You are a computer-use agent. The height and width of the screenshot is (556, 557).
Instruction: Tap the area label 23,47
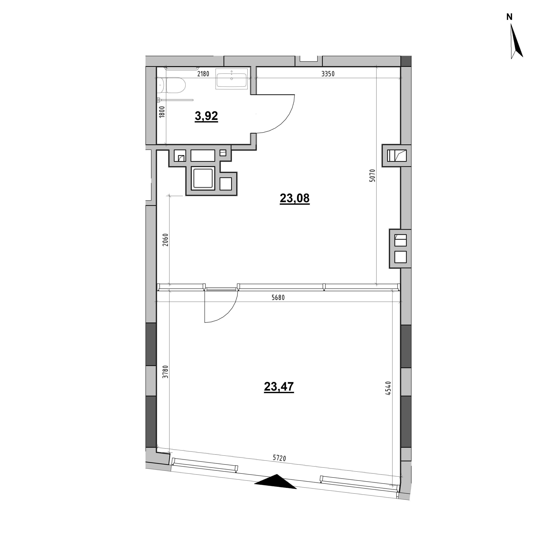pos(279,387)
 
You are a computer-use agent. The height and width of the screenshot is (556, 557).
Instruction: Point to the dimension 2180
pos(203,74)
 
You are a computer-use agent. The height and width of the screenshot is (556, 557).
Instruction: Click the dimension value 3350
pos(328,74)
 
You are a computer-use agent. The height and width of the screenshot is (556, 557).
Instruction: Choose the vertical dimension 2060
pos(165,240)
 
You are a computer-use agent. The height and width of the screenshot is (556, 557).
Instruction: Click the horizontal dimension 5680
pos(278,298)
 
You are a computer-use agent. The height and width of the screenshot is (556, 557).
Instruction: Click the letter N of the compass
pos(509,17)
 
